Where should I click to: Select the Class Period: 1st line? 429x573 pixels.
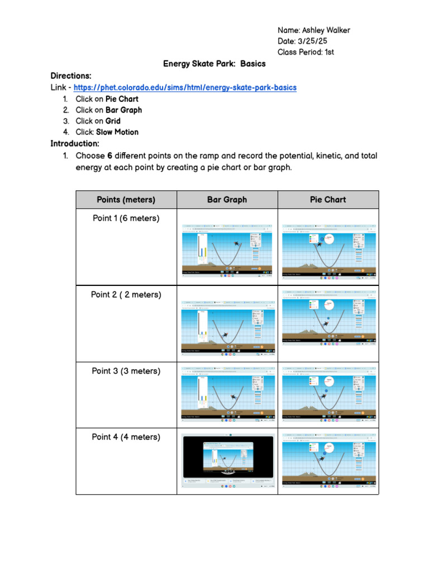pyautogui.click(x=306, y=52)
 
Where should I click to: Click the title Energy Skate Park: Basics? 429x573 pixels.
pyautogui.click(x=214, y=64)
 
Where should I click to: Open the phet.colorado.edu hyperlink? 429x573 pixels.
pyautogui.click(x=184, y=88)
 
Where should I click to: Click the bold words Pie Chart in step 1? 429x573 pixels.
pyautogui.click(x=122, y=99)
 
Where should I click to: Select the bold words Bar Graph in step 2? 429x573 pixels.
pyautogui.click(x=123, y=110)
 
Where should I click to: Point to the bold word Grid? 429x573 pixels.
pyautogui.click(x=113, y=121)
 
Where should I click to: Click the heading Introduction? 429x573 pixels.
pyautogui.click(x=75, y=143)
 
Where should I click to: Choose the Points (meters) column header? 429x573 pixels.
pyautogui.click(x=126, y=200)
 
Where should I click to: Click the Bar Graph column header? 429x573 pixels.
pyautogui.click(x=227, y=200)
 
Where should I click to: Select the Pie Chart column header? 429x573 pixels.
pyautogui.click(x=328, y=200)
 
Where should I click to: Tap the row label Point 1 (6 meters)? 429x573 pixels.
pyautogui.click(x=126, y=218)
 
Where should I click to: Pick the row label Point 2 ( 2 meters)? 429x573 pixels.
pyautogui.click(x=126, y=294)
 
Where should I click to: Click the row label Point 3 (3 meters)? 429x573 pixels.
pyautogui.click(x=126, y=371)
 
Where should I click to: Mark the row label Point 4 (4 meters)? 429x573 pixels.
pyautogui.click(x=126, y=437)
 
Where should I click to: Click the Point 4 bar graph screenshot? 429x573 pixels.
pyautogui.click(x=227, y=462)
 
